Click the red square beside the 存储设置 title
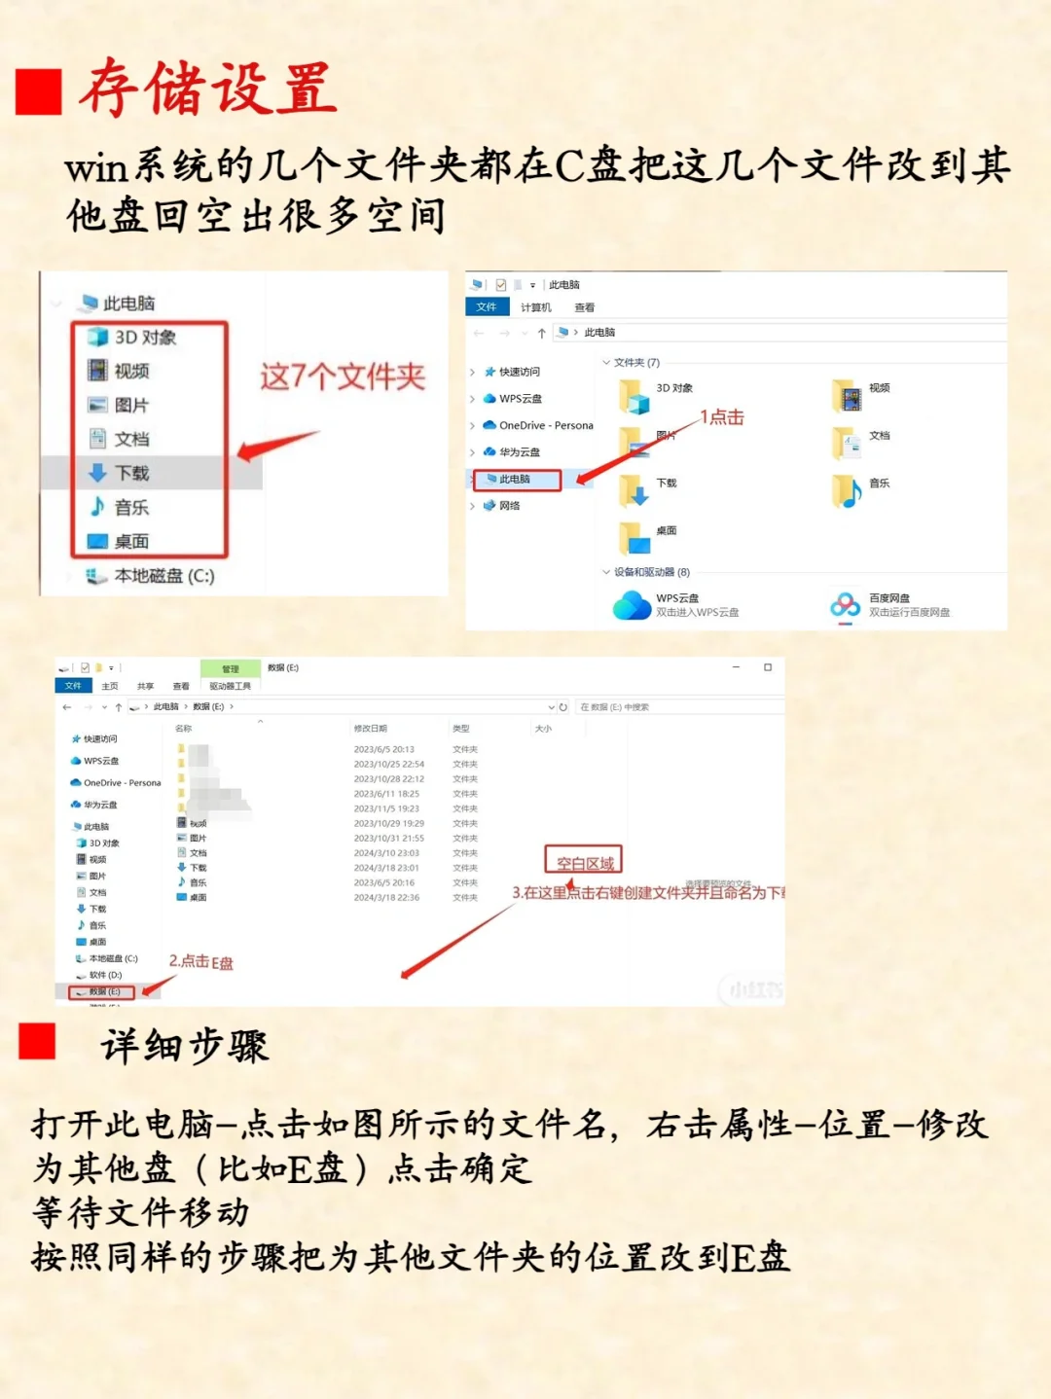(x=39, y=91)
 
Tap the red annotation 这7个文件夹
(x=343, y=377)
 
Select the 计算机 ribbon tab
(x=535, y=307)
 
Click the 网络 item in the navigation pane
(x=509, y=506)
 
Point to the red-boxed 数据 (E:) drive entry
(x=102, y=991)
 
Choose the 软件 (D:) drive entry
(x=105, y=975)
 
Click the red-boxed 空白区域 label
(x=584, y=861)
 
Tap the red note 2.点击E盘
(x=201, y=962)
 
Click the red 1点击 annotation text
(x=722, y=417)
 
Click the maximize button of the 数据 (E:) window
(x=768, y=667)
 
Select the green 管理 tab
(x=231, y=668)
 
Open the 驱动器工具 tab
(x=231, y=686)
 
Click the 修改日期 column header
(x=370, y=729)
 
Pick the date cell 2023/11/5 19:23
(x=386, y=808)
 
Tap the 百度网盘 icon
(x=845, y=605)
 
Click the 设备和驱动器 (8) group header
(x=651, y=572)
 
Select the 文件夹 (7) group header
(x=636, y=363)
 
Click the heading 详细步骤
(x=185, y=1047)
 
